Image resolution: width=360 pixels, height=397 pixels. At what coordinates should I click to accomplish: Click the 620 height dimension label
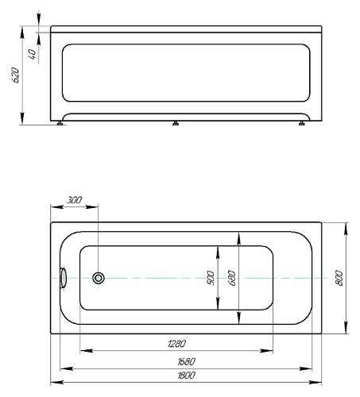click(x=16, y=75)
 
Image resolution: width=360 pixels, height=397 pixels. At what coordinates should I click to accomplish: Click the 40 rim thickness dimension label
click(x=32, y=54)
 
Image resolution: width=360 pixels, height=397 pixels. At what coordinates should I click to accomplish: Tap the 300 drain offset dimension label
click(x=74, y=200)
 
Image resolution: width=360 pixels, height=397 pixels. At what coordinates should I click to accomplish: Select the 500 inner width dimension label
click(x=210, y=278)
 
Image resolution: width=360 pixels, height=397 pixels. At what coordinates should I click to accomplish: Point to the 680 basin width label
click(x=231, y=278)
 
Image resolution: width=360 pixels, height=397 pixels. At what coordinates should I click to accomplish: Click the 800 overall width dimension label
click(x=339, y=278)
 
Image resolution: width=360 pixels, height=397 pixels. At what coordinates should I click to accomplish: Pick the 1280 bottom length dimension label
click(x=177, y=344)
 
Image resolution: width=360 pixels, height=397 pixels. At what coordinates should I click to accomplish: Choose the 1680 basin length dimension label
click(x=186, y=361)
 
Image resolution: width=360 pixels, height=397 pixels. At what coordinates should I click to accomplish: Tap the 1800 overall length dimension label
click(x=186, y=375)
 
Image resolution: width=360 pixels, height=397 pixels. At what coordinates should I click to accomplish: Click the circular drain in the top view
click(x=99, y=278)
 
